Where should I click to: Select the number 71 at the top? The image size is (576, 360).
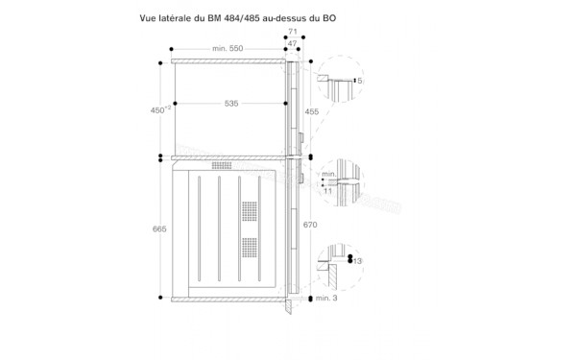pyautogui.click(x=293, y=31)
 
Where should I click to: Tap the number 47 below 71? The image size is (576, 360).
pyautogui.click(x=293, y=43)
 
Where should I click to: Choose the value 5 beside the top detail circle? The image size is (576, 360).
pyautogui.click(x=361, y=81)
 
